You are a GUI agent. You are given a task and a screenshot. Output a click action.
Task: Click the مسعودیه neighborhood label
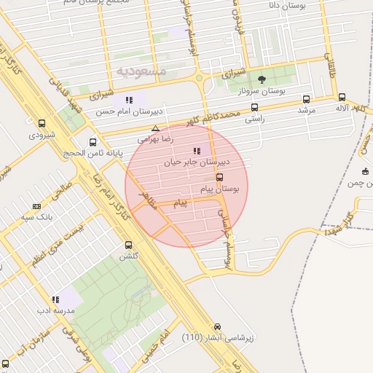click(x=141, y=71)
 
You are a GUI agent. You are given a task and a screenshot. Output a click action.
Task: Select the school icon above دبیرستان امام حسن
click(x=129, y=100)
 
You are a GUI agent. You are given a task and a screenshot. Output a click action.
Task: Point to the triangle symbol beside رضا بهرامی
click(x=154, y=128)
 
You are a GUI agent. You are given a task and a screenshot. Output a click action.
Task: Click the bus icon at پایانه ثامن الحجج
click(x=92, y=142)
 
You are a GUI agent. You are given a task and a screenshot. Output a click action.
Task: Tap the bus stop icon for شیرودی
click(x=42, y=123)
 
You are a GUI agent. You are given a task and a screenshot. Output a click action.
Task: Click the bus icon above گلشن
click(x=129, y=246)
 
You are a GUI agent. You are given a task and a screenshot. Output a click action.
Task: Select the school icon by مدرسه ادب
click(x=55, y=299)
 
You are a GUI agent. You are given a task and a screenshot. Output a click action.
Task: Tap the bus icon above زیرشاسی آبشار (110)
click(x=217, y=327)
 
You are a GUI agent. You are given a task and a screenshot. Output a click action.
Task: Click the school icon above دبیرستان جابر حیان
click(x=197, y=151)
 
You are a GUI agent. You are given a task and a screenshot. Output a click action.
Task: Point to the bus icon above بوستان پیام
click(x=220, y=177)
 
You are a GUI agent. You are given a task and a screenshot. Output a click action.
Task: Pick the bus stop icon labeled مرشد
click(x=305, y=99)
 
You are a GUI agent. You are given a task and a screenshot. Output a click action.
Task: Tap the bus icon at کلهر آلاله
click(x=342, y=97)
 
